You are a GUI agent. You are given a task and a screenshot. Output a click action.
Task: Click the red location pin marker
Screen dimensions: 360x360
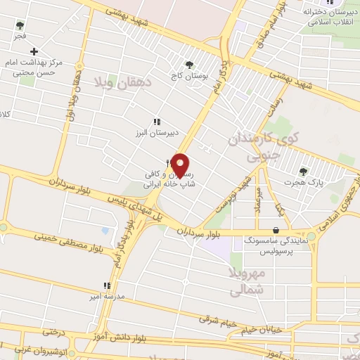pos(181,165)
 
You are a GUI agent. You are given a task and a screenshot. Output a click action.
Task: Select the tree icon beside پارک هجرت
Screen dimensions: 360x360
pos(304,171)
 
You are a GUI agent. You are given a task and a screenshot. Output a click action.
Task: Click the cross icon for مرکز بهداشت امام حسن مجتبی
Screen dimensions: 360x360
pos(34,51)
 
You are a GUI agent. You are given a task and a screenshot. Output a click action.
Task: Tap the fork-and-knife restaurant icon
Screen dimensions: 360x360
pos(169,163)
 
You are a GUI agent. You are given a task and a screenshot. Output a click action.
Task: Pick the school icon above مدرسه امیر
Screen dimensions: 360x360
pos(106,285)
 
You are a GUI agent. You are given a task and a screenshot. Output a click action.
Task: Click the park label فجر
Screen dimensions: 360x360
pos(20,35)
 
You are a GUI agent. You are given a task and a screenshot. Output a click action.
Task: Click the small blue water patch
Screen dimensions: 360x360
pos(105,230)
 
